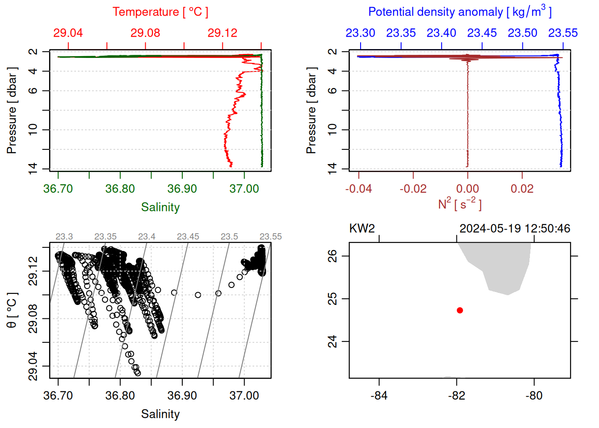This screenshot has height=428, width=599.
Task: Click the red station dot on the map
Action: [x=460, y=310]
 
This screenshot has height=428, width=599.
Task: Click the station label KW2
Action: [x=362, y=229]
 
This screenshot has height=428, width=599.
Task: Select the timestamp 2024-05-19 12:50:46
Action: [x=514, y=229]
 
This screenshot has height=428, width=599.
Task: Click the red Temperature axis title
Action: [x=160, y=12]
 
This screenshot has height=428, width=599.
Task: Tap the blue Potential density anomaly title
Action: [x=460, y=12]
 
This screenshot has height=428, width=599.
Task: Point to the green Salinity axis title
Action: [x=160, y=207]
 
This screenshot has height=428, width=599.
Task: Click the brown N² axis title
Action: [x=460, y=204]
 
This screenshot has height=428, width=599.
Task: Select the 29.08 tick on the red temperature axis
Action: [x=145, y=33]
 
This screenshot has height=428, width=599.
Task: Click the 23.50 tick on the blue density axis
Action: [x=522, y=33]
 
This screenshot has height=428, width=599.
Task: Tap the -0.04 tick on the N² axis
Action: [x=359, y=189]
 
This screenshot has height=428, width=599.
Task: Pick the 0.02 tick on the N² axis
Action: [x=522, y=189]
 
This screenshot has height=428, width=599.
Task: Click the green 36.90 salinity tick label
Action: [x=182, y=189]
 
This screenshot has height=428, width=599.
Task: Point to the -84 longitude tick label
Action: [x=379, y=395]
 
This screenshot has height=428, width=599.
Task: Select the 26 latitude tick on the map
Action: [x=332, y=256]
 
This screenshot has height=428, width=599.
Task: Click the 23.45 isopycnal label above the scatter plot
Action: [x=188, y=237]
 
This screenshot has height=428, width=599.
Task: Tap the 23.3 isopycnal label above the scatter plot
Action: [x=64, y=237]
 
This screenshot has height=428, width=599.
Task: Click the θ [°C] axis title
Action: [x=12, y=310]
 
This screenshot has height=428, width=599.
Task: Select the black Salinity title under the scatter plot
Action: [x=160, y=414]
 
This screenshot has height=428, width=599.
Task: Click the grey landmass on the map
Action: [x=504, y=267]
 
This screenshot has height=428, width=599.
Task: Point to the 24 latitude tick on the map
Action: [x=332, y=342]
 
